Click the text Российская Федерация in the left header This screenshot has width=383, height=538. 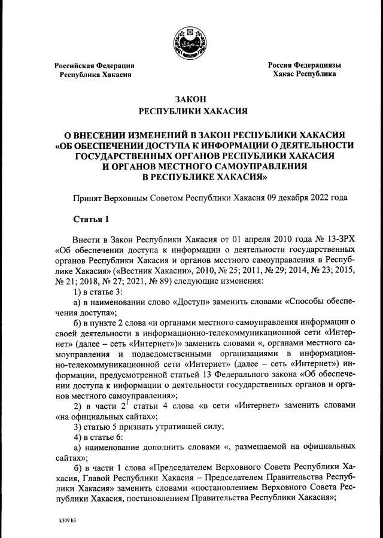(x=94, y=65)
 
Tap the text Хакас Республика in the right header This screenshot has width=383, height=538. (x=304, y=74)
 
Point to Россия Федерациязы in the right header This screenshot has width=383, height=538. (x=304, y=65)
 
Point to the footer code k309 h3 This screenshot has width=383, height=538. (x=64, y=521)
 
